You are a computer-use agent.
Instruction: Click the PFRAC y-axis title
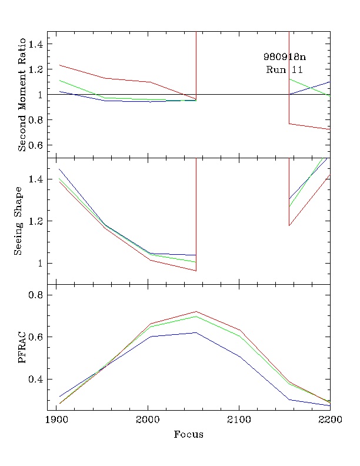[x=23, y=348]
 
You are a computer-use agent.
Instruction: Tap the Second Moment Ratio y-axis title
[x=22, y=95]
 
